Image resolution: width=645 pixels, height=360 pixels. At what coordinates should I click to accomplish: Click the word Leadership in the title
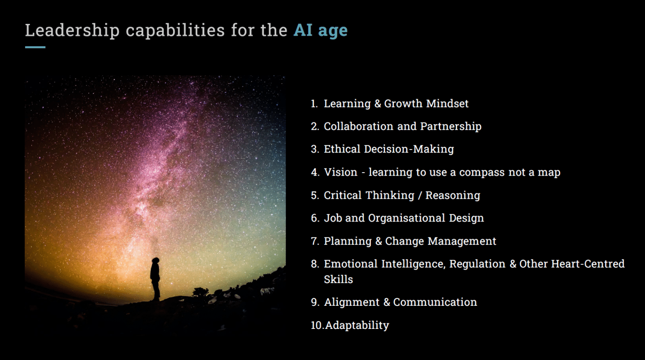tap(72, 31)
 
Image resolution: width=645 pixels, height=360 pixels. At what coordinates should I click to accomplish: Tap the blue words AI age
tap(320, 31)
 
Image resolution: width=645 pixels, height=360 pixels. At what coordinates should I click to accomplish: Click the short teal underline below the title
tap(35, 47)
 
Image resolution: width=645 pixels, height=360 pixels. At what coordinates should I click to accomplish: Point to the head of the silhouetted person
tap(156, 261)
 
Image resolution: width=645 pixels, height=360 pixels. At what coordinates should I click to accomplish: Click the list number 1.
tap(314, 104)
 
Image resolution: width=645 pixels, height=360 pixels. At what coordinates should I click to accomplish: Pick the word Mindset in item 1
tap(447, 104)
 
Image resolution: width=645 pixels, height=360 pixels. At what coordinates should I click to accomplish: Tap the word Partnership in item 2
tap(451, 126)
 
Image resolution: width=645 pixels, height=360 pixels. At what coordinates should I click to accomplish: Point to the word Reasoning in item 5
tap(453, 195)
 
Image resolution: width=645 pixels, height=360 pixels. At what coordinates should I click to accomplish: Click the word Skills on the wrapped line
tap(338, 279)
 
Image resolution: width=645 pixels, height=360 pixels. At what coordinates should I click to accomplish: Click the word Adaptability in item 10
tap(357, 325)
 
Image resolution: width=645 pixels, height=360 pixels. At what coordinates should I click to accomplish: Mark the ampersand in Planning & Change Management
tap(378, 241)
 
